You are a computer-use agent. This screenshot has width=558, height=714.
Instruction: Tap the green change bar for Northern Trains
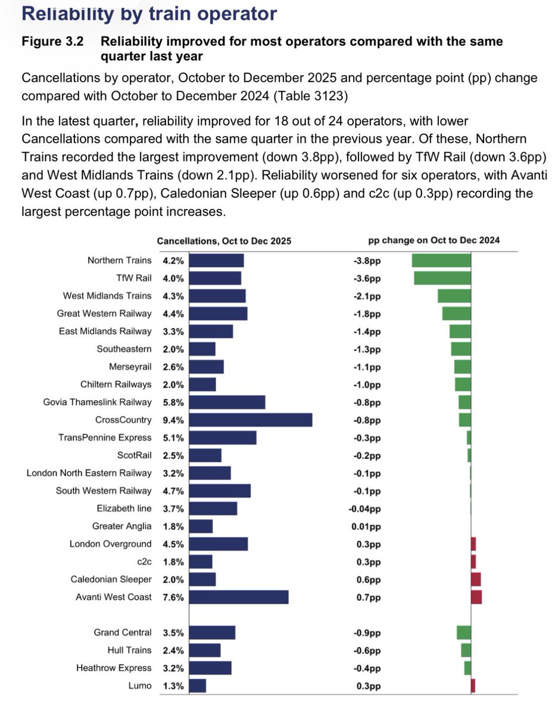coord(441,261)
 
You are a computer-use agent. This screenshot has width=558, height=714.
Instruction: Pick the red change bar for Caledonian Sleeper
coord(475,580)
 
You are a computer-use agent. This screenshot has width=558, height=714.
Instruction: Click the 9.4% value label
coord(173,420)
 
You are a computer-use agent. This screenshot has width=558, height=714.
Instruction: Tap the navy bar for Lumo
coord(198,686)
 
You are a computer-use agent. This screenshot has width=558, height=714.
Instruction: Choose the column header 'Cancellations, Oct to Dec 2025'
coord(224,241)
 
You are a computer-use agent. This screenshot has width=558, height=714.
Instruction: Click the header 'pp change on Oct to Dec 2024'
coord(434,240)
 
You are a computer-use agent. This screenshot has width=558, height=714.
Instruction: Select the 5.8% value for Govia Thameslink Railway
coord(173,402)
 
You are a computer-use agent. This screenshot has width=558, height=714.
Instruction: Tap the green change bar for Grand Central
coord(463,632)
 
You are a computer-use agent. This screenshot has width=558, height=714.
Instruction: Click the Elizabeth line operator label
coord(124,509)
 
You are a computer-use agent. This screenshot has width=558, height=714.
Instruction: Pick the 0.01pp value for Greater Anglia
coord(366,527)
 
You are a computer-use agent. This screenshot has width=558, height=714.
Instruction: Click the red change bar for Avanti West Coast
coord(476,597)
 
